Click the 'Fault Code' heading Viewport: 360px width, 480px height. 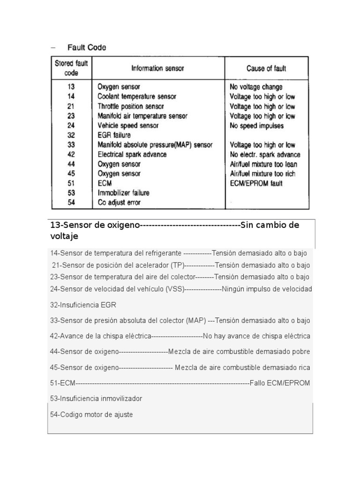87,47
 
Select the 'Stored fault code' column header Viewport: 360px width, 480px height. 71,68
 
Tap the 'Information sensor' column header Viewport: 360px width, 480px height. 157,68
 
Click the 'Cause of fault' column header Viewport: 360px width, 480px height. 266,68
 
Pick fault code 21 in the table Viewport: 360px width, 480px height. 71,106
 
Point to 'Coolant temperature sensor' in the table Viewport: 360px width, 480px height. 137,97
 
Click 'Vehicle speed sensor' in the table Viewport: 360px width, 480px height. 128,126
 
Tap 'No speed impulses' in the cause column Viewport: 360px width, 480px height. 256,126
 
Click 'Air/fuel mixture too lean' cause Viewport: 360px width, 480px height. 263,165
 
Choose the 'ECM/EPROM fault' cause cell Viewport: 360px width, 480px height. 256,184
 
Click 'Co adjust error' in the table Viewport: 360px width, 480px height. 119,203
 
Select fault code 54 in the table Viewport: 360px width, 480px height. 71,203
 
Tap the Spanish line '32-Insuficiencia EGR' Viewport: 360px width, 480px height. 83,305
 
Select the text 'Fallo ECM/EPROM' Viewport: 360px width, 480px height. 280,383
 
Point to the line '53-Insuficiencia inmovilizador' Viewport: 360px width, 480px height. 96,398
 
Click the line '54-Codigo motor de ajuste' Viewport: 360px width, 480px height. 91,415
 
